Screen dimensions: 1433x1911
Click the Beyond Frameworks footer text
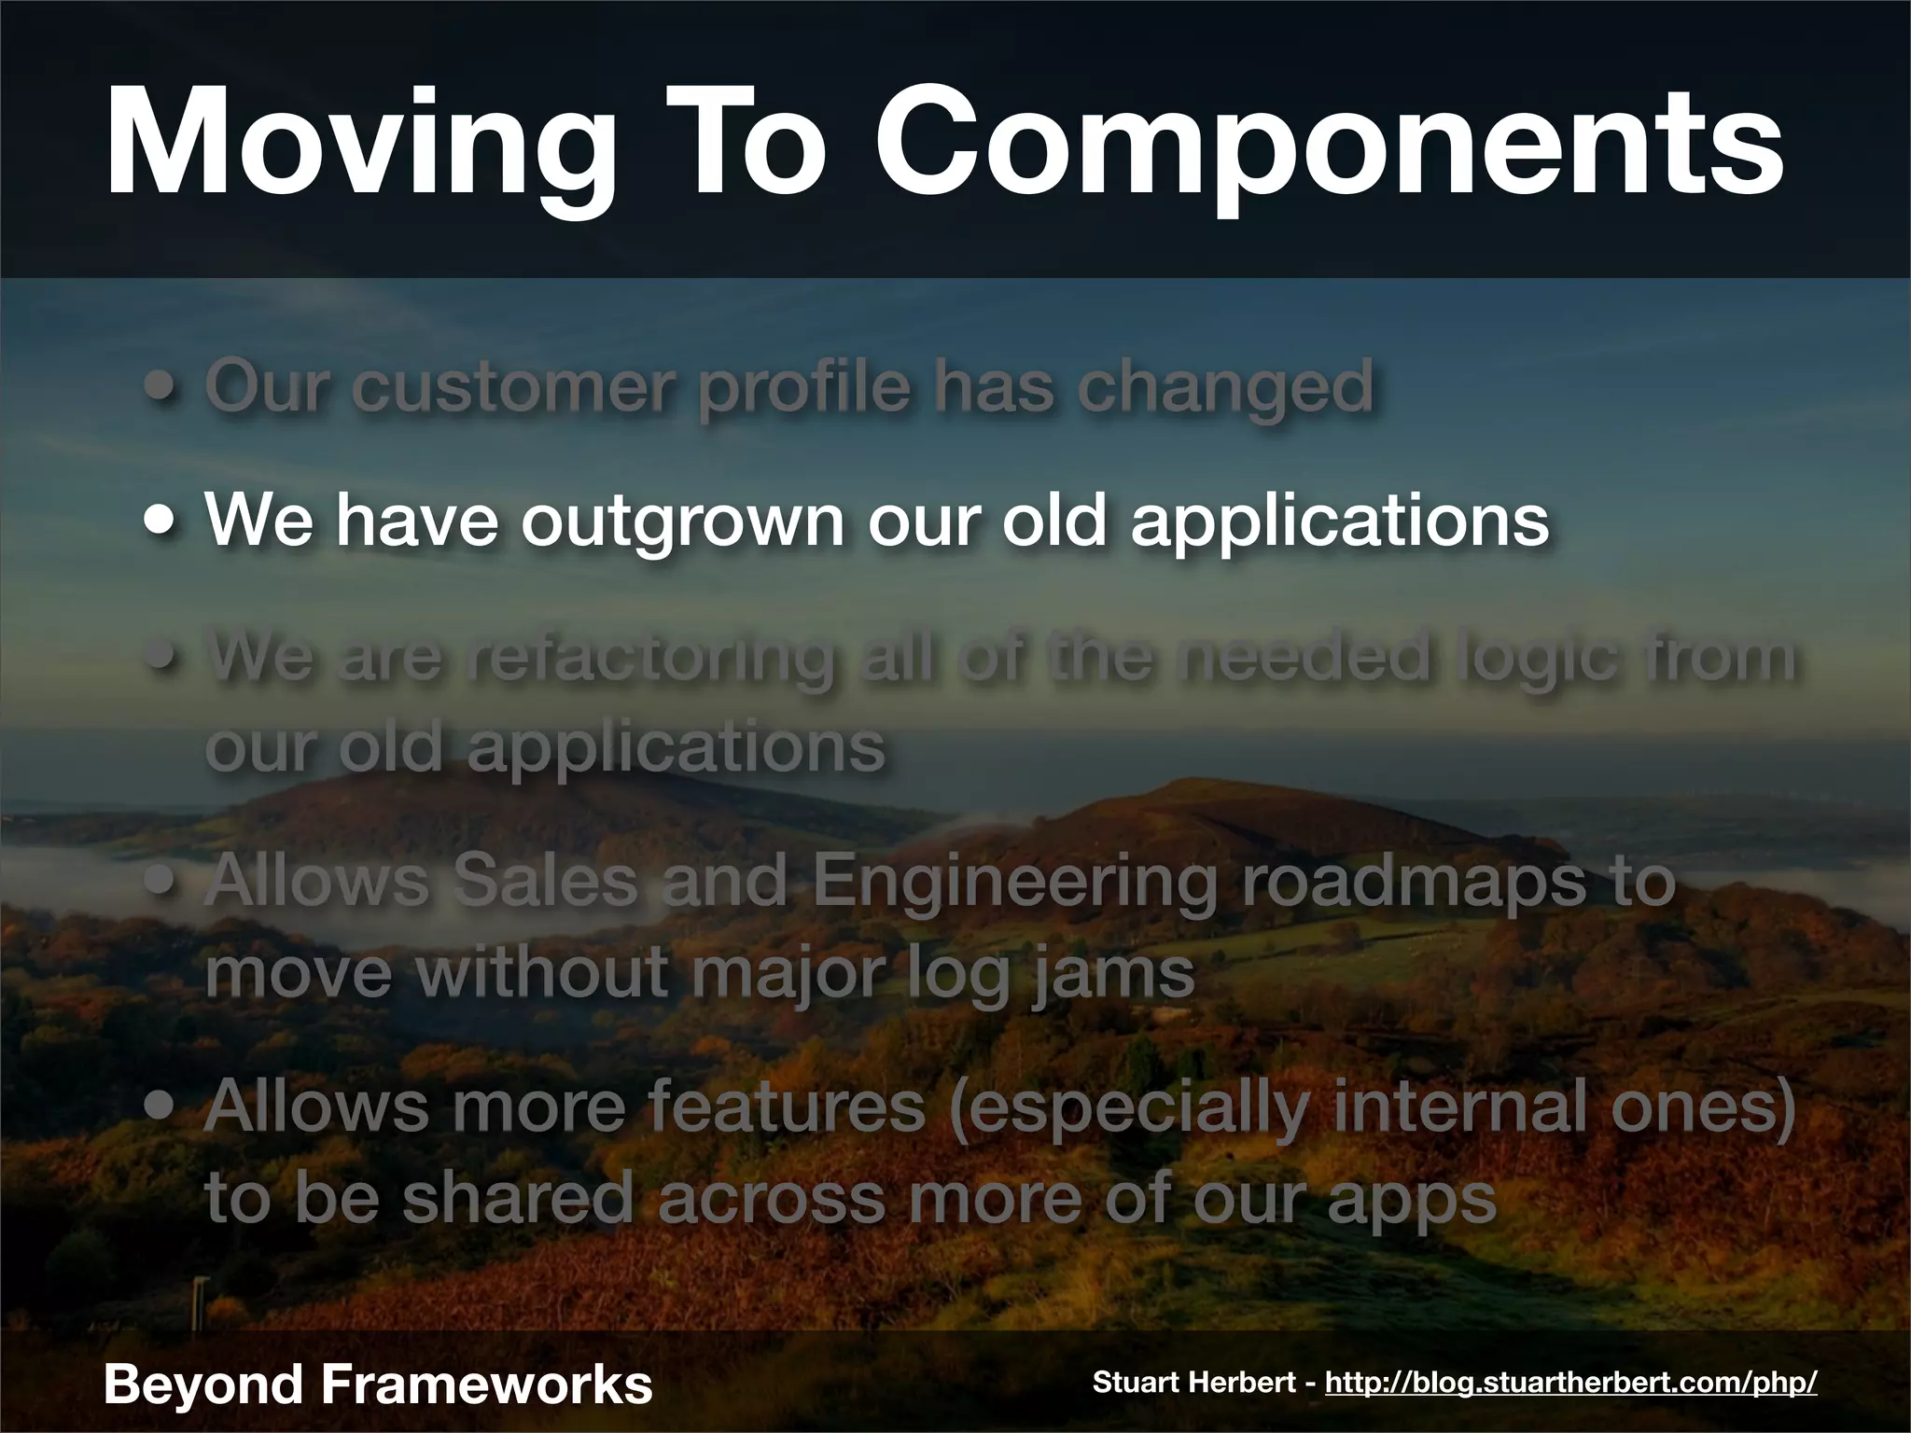[x=377, y=1384]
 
